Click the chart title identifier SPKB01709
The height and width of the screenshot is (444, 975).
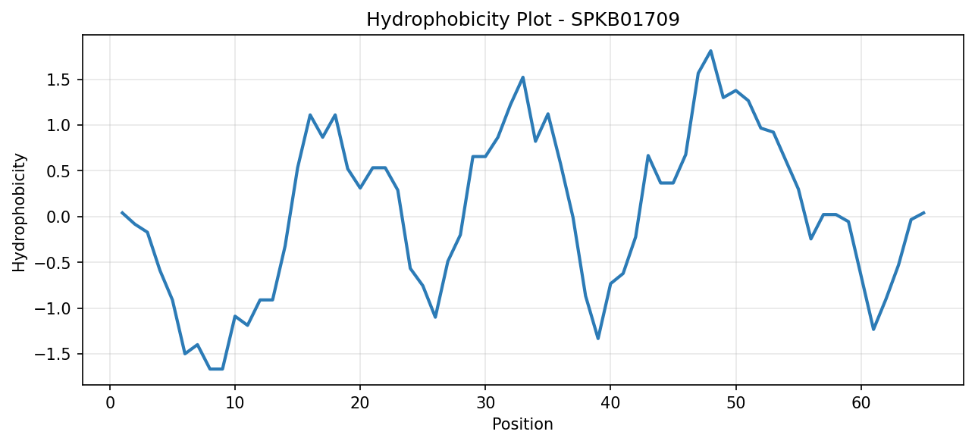point(625,20)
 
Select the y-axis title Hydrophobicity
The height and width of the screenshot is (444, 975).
point(19,213)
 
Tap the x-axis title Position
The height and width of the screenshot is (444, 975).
point(522,424)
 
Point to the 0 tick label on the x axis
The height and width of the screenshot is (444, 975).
point(110,403)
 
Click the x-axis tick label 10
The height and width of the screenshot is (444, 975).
point(235,403)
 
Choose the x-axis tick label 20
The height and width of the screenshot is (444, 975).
point(360,403)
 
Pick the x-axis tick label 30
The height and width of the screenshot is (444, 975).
point(485,403)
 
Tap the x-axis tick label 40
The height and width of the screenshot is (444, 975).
point(610,403)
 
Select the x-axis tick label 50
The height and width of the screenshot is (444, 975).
point(735,403)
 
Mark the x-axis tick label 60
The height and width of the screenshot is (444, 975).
point(861,403)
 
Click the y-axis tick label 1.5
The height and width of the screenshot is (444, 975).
point(59,80)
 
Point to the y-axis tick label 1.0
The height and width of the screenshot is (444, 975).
point(59,126)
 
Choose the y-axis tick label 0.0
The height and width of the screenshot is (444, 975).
point(59,217)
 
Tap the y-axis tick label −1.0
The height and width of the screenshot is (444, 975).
point(52,309)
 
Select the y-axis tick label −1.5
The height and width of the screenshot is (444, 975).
point(52,355)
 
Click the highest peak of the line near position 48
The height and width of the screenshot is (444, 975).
point(710,51)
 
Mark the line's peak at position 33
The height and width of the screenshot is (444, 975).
point(523,77)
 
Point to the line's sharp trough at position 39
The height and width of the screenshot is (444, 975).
point(598,339)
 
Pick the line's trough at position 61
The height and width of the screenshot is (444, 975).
point(873,329)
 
